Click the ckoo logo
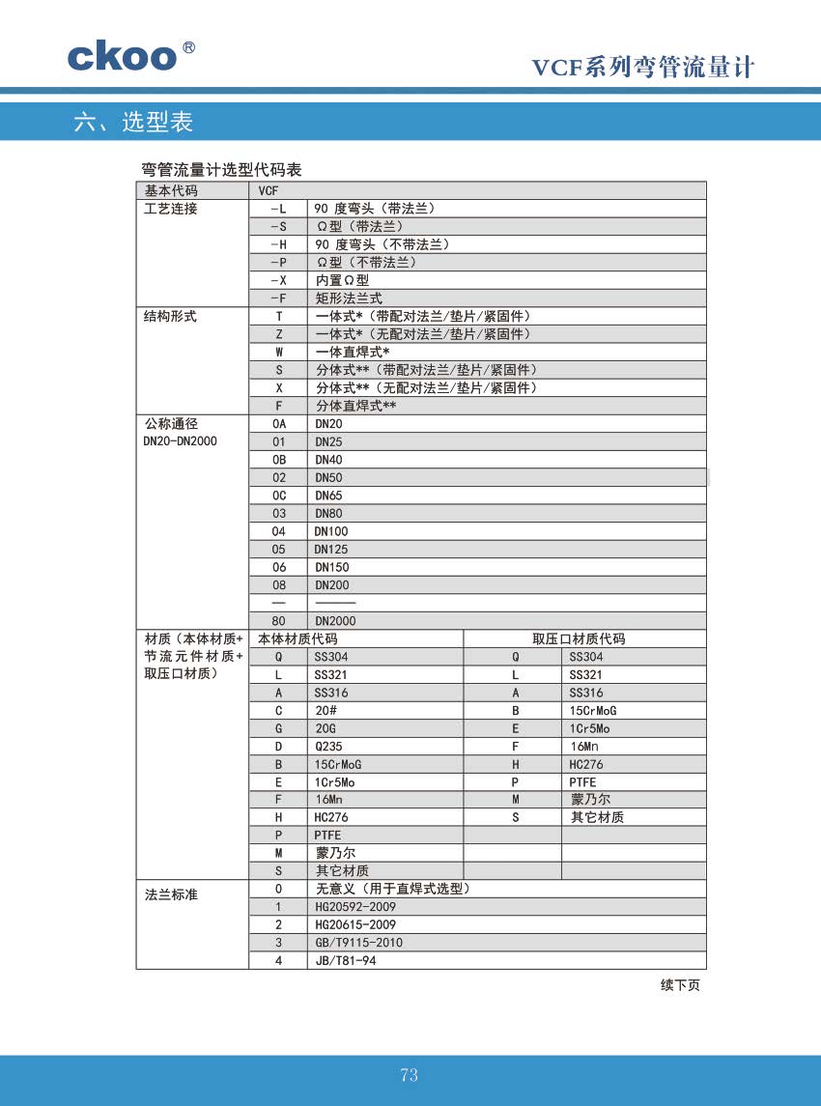click(x=123, y=55)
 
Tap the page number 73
click(x=409, y=1075)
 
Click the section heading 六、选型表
click(x=133, y=122)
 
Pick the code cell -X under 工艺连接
click(x=278, y=280)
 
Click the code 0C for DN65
click(x=279, y=496)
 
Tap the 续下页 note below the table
click(x=680, y=985)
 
